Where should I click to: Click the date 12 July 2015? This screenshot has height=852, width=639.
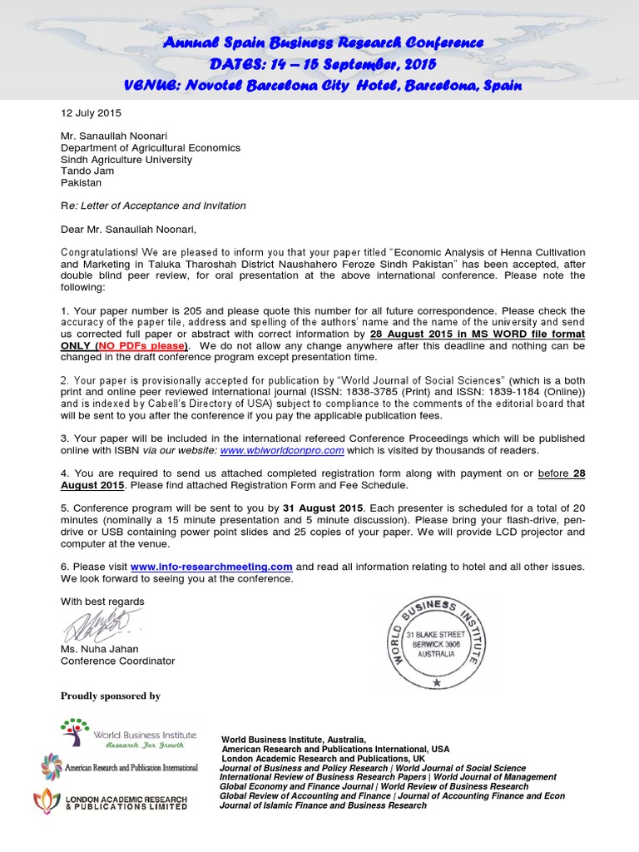[91, 112]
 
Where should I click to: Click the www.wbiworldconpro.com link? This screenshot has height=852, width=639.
[282, 450]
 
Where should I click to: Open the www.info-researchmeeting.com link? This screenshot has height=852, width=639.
[211, 567]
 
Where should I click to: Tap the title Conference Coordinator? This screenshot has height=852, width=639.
[117, 661]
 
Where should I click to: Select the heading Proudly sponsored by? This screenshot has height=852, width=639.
[111, 696]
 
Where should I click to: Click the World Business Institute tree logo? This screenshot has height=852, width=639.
[74, 732]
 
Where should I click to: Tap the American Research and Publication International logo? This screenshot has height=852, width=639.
[52, 766]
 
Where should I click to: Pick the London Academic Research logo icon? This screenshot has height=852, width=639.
[46, 801]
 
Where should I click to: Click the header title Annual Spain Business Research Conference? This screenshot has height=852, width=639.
[321, 42]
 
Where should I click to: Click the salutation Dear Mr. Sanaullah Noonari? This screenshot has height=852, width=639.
[130, 229]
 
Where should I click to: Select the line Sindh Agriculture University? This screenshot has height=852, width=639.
[126, 159]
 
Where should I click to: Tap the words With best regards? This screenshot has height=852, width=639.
[102, 602]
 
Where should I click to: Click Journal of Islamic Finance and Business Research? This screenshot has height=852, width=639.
[323, 805]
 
